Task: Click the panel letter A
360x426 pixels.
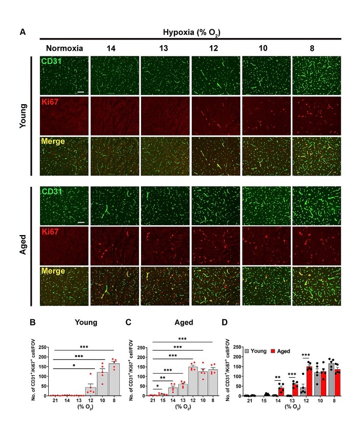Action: (x=23, y=32)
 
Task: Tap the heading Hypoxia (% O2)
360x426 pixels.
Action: (x=190, y=32)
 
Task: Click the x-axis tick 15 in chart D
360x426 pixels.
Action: (x=266, y=401)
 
